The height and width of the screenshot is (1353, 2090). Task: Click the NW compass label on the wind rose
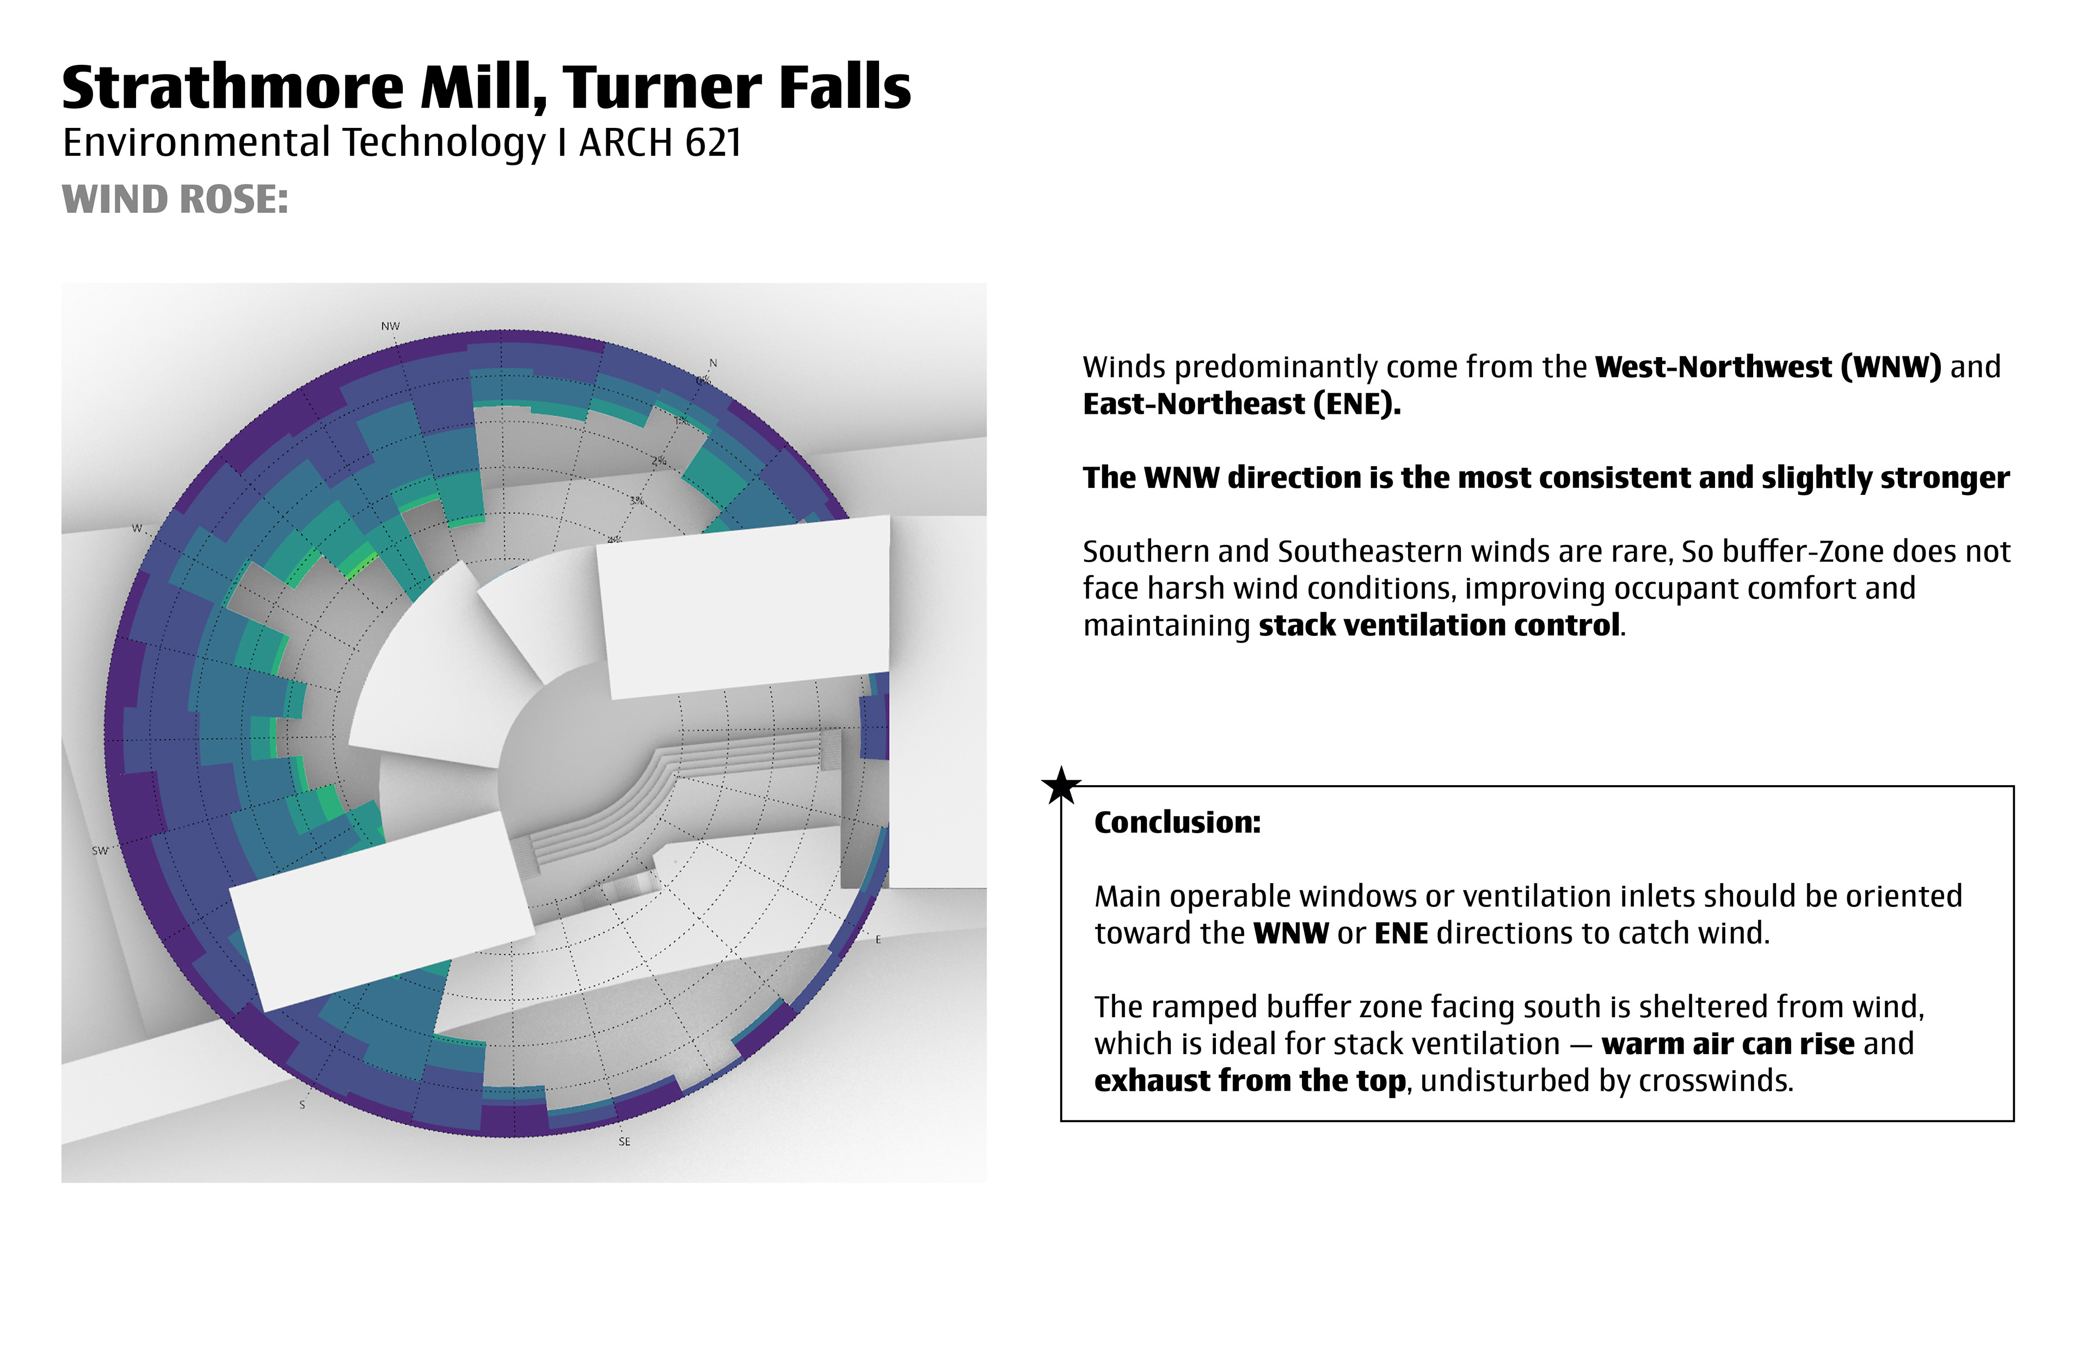390,326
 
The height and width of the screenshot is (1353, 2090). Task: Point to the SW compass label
100,850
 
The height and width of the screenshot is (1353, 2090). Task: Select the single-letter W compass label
136,528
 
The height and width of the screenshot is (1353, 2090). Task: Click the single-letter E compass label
877,939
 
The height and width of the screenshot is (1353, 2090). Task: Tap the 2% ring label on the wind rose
659,461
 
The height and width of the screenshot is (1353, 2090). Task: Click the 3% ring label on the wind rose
636,501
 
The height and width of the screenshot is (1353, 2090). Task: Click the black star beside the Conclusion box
1061,786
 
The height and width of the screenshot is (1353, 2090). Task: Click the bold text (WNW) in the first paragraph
1891,366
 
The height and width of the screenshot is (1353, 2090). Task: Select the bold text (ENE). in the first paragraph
1357,403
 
